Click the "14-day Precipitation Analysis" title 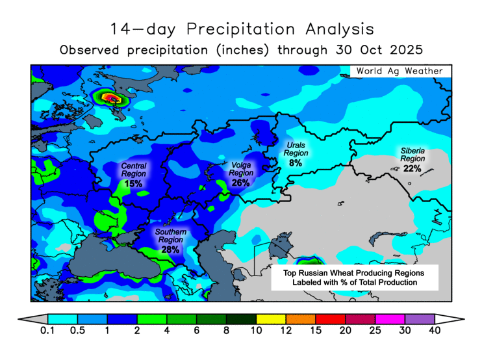click(242, 29)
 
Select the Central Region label click(133, 170)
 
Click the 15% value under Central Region click(133, 185)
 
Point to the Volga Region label click(240, 169)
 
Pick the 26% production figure click(240, 183)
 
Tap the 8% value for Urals click(296, 163)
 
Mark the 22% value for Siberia click(412, 169)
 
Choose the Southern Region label click(171, 236)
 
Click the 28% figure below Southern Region click(171, 250)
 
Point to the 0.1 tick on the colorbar click(47, 331)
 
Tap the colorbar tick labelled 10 click(256, 331)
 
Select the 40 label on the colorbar click(435, 331)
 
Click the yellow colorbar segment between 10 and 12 click(271, 319)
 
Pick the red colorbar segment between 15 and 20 click(330, 319)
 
